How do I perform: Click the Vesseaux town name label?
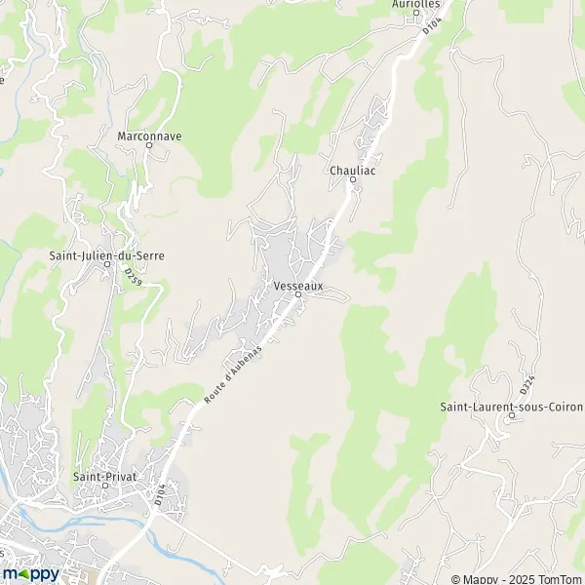tap(298, 286)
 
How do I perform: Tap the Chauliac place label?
tap(353, 170)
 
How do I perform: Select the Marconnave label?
tap(149, 136)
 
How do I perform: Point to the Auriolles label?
tap(416, 4)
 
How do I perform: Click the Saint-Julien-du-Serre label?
tap(107, 255)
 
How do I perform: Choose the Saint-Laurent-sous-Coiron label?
tap(510, 406)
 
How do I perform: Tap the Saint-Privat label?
tap(105, 477)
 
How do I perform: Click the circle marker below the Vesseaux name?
tap(298, 294)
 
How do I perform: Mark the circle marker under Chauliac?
tap(353, 179)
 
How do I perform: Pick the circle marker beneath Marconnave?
tap(149, 145)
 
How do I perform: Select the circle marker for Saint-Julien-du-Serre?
tap(107, 264)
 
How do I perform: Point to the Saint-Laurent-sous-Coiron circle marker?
tap(510, 415)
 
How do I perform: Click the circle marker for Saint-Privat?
tap(105, 486)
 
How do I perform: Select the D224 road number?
tap(527, 384)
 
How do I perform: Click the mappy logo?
tap(30, 573)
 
